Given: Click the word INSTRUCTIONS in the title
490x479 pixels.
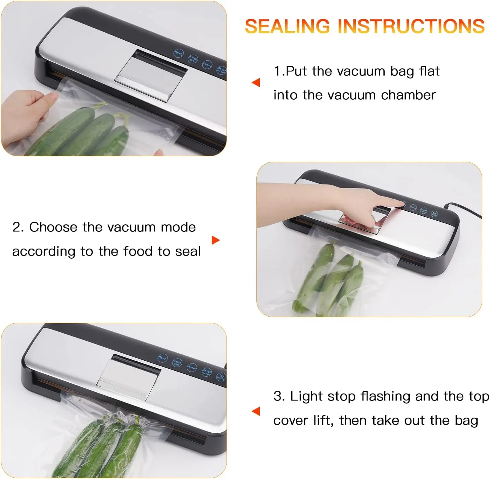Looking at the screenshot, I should point(411,26).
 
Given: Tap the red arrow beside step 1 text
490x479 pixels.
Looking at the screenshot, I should point(256,82).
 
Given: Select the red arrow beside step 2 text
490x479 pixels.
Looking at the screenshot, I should point(215,240).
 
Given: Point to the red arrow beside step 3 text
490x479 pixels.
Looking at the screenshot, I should point(256,411).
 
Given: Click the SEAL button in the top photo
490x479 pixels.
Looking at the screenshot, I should point(179,53).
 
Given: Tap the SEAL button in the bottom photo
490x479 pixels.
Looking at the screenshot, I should point(162,358).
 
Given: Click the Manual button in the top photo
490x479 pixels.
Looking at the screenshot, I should point(207,64).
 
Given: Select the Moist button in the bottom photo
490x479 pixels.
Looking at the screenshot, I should point(206,372).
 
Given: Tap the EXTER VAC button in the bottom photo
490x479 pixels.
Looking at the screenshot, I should point(177,363).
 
